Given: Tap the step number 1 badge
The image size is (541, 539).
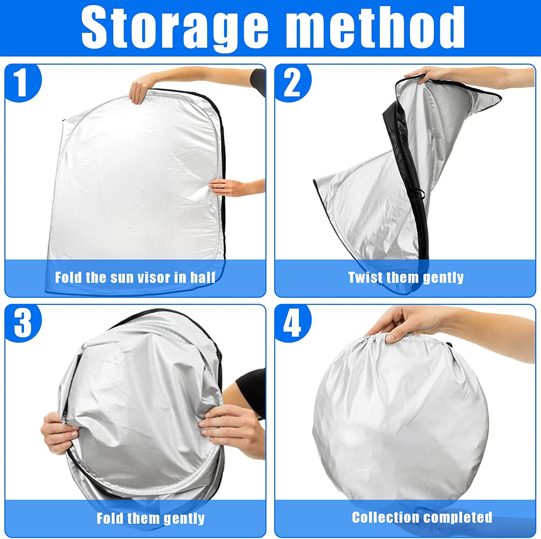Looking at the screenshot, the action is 23,83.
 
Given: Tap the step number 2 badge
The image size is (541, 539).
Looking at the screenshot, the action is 293,83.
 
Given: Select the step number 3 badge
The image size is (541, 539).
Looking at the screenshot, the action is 23,323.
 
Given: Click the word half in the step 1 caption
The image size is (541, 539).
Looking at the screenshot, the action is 203,277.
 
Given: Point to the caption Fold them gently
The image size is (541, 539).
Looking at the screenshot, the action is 150,519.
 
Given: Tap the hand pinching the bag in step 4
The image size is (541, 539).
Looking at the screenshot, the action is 397,323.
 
